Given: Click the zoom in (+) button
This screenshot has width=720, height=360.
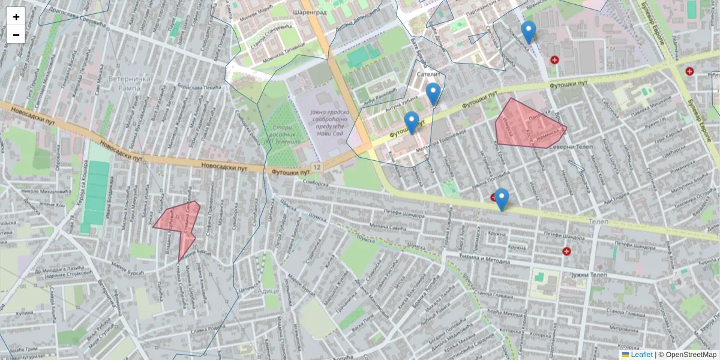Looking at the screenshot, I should coord(16,16).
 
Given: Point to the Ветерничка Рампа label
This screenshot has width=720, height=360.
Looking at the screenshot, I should coord(124,83).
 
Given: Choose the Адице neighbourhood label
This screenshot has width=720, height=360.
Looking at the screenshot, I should coord(268,290).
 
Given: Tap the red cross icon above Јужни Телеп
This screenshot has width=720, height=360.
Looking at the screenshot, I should coord(566,251).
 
